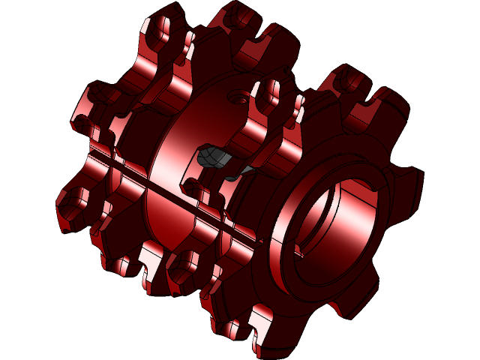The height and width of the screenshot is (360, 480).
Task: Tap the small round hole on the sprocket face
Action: point(238,97)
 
